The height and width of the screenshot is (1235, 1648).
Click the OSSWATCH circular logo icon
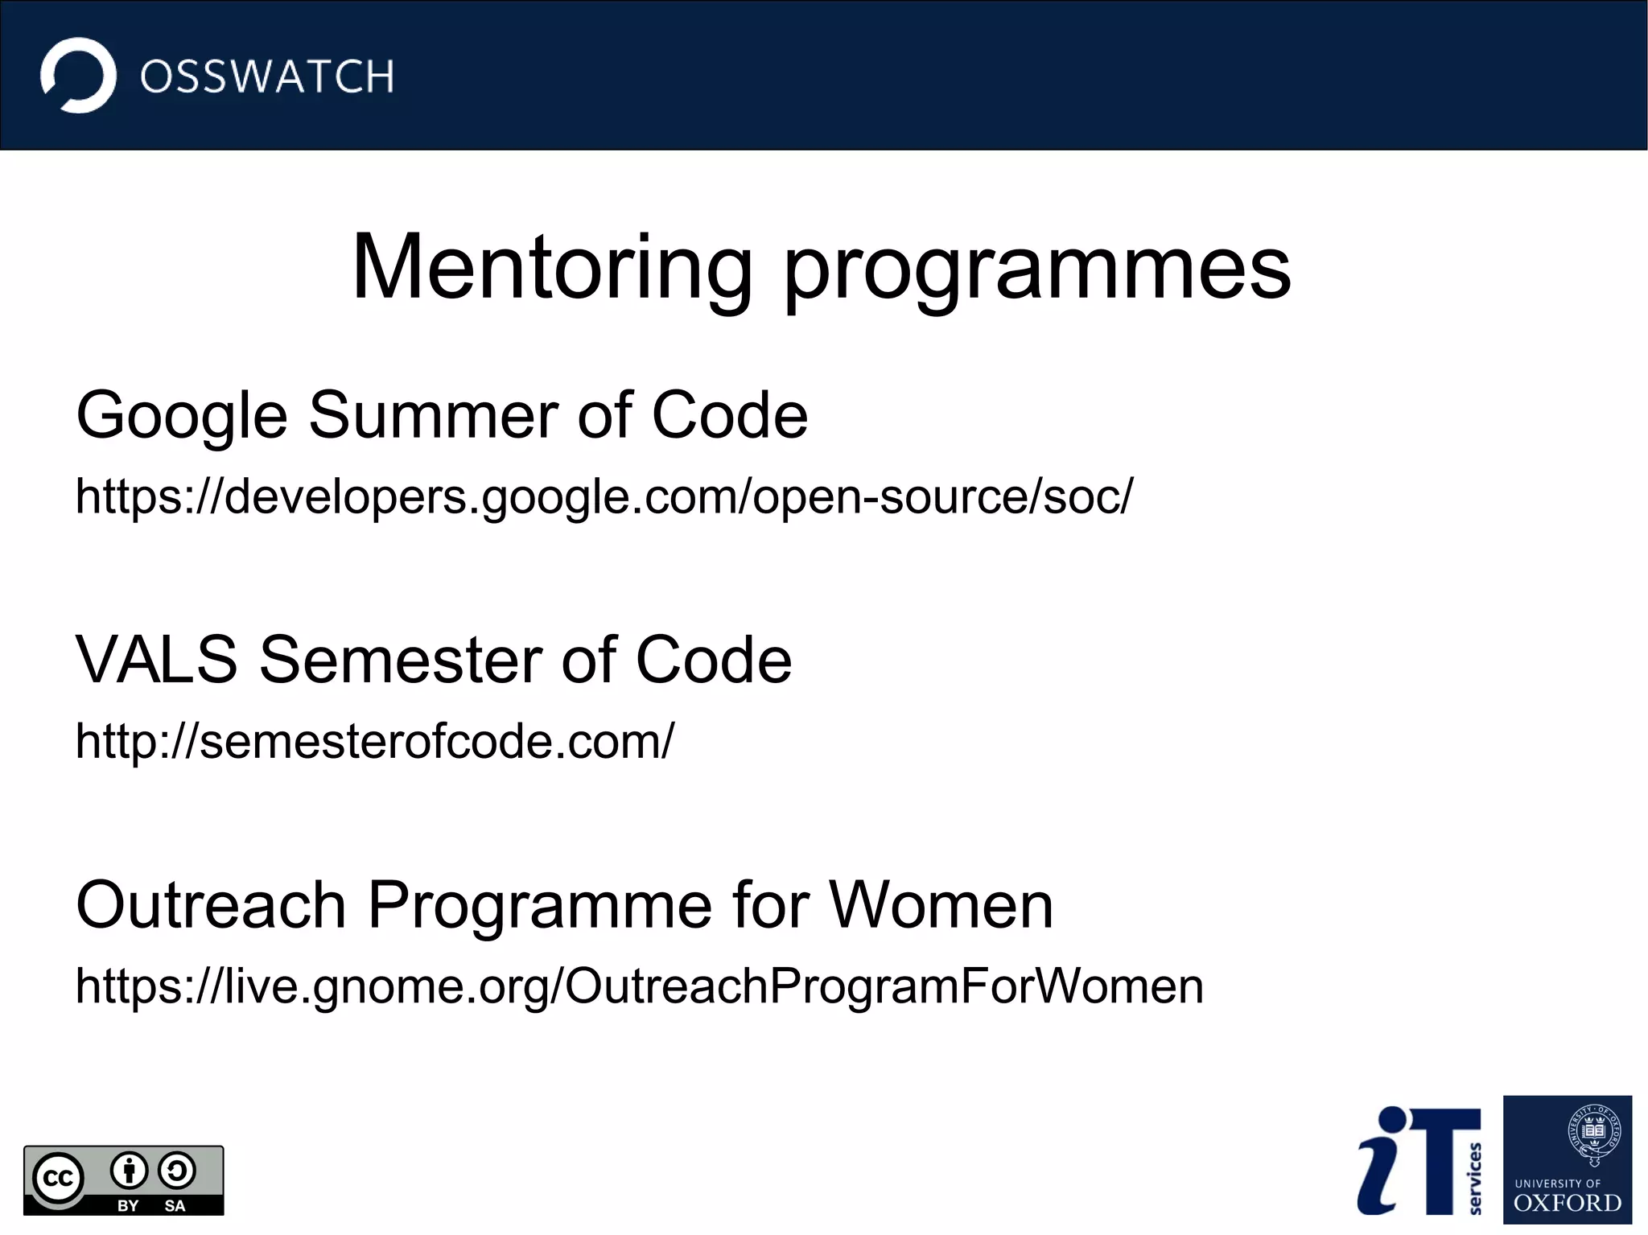[x=78, y=76]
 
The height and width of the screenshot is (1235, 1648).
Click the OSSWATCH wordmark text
[x=267, y=77]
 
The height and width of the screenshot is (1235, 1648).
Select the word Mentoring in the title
[x=552, y=267]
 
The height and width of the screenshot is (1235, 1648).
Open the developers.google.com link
[x=604, y=496]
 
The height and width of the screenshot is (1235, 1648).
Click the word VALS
[x=156, y=660]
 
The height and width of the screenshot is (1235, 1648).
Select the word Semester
[x=401, y=660]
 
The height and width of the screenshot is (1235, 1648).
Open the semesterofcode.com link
[x=375, y=741]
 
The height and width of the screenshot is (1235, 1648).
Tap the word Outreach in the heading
[x=211, y=905]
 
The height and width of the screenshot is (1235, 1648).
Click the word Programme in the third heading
[x=540, y=907]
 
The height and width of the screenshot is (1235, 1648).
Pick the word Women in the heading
[x=941, y=905]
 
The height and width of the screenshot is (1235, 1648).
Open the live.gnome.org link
[x=639, y=986]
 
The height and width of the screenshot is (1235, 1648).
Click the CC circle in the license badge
[x=59, y=1179]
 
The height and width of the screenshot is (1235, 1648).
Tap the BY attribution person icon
[x=129, y=1171]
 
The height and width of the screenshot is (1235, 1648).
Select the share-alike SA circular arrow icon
[x=177, y=1171]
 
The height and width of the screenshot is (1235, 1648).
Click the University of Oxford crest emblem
[x=1594, y=1134]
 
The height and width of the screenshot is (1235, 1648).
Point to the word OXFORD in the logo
[x=1568, y=1204]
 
